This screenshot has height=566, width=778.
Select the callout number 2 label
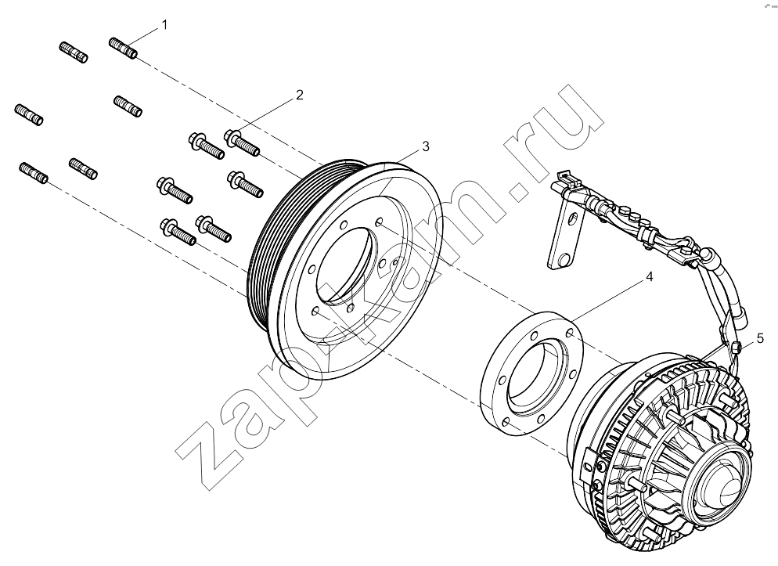coord(299,95)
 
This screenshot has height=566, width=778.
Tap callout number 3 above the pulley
coord(425,146)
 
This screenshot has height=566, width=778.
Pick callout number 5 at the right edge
coord(760,338)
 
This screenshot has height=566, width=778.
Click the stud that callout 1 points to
coord(123,48)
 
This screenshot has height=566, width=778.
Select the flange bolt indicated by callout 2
coord(242,142)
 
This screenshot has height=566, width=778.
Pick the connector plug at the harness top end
coord(565,177)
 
